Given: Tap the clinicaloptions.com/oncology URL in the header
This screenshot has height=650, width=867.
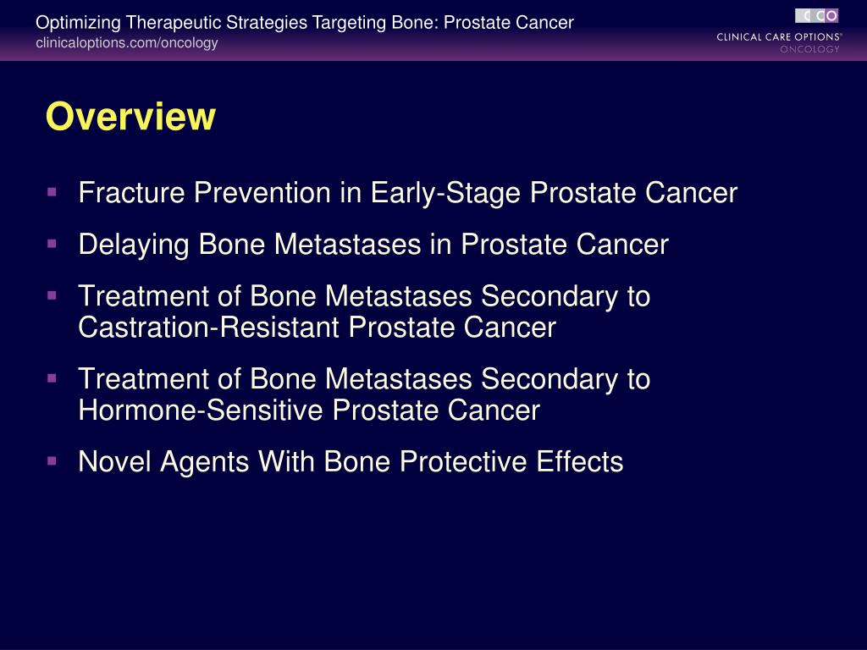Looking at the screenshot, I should [x=126, y=43].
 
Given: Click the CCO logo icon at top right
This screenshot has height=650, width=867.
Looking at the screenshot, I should [x=816, y=15].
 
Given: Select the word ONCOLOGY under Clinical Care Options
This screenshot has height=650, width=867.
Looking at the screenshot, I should [x=809, y=49].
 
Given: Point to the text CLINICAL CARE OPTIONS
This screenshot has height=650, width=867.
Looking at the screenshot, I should [x=778, y=36].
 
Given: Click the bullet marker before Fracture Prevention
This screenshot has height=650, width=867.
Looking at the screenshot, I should [x=52, y=192].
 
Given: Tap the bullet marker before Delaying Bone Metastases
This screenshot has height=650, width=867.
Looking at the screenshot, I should [x=52, y=244].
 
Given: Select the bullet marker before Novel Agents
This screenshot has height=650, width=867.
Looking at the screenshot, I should [x=52, y=461].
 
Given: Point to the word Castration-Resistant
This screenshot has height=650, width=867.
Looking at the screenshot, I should [x=210, y=327].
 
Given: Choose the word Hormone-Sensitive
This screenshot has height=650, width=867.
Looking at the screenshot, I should [x=201, y=410].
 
